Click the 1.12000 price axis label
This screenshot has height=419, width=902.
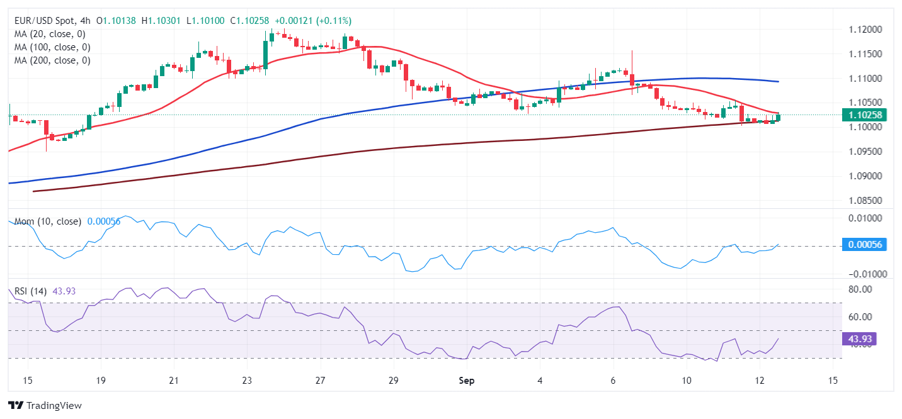pos(864,30)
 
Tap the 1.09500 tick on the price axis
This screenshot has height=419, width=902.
pos(864,152)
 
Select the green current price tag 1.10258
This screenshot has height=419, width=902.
pos(864,115)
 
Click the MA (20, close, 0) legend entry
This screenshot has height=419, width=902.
pos(50,34)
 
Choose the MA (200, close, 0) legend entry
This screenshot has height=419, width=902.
pos(52,60)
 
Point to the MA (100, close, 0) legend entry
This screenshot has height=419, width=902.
pos(52,47)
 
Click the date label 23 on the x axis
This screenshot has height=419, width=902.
pos(247,381)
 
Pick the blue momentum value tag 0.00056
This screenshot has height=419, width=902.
pos(864,245)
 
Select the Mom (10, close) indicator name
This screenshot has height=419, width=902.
pos(47,221)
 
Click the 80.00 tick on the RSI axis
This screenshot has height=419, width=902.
pos(861,289)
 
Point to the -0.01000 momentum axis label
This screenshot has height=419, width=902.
pos(862,274)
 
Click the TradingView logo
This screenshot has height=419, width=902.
pos(45,406)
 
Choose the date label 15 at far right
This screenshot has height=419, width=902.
pos(833,381)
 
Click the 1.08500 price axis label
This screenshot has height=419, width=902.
pos(864,201)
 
